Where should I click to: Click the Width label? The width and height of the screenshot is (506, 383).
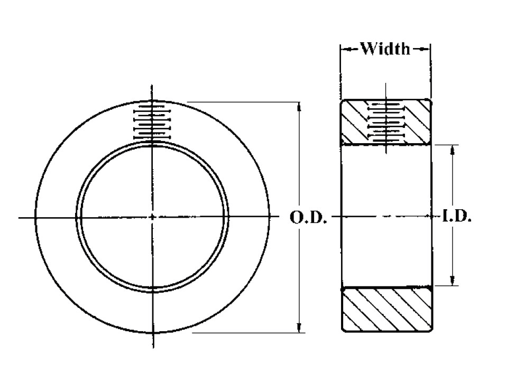click(x=385, y=49)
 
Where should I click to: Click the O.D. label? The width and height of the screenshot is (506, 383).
click(x=309, y=217)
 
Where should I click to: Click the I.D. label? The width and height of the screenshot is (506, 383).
click(x=456, y=217)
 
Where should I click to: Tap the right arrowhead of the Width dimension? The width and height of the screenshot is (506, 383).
click(x=426, y=49)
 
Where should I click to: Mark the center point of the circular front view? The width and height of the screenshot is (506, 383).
click(x=152, y=217)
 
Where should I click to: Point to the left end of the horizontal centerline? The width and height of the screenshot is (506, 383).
click(x=20, y=217)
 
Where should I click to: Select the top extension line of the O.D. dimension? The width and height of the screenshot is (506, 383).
click(x=243, y=102)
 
